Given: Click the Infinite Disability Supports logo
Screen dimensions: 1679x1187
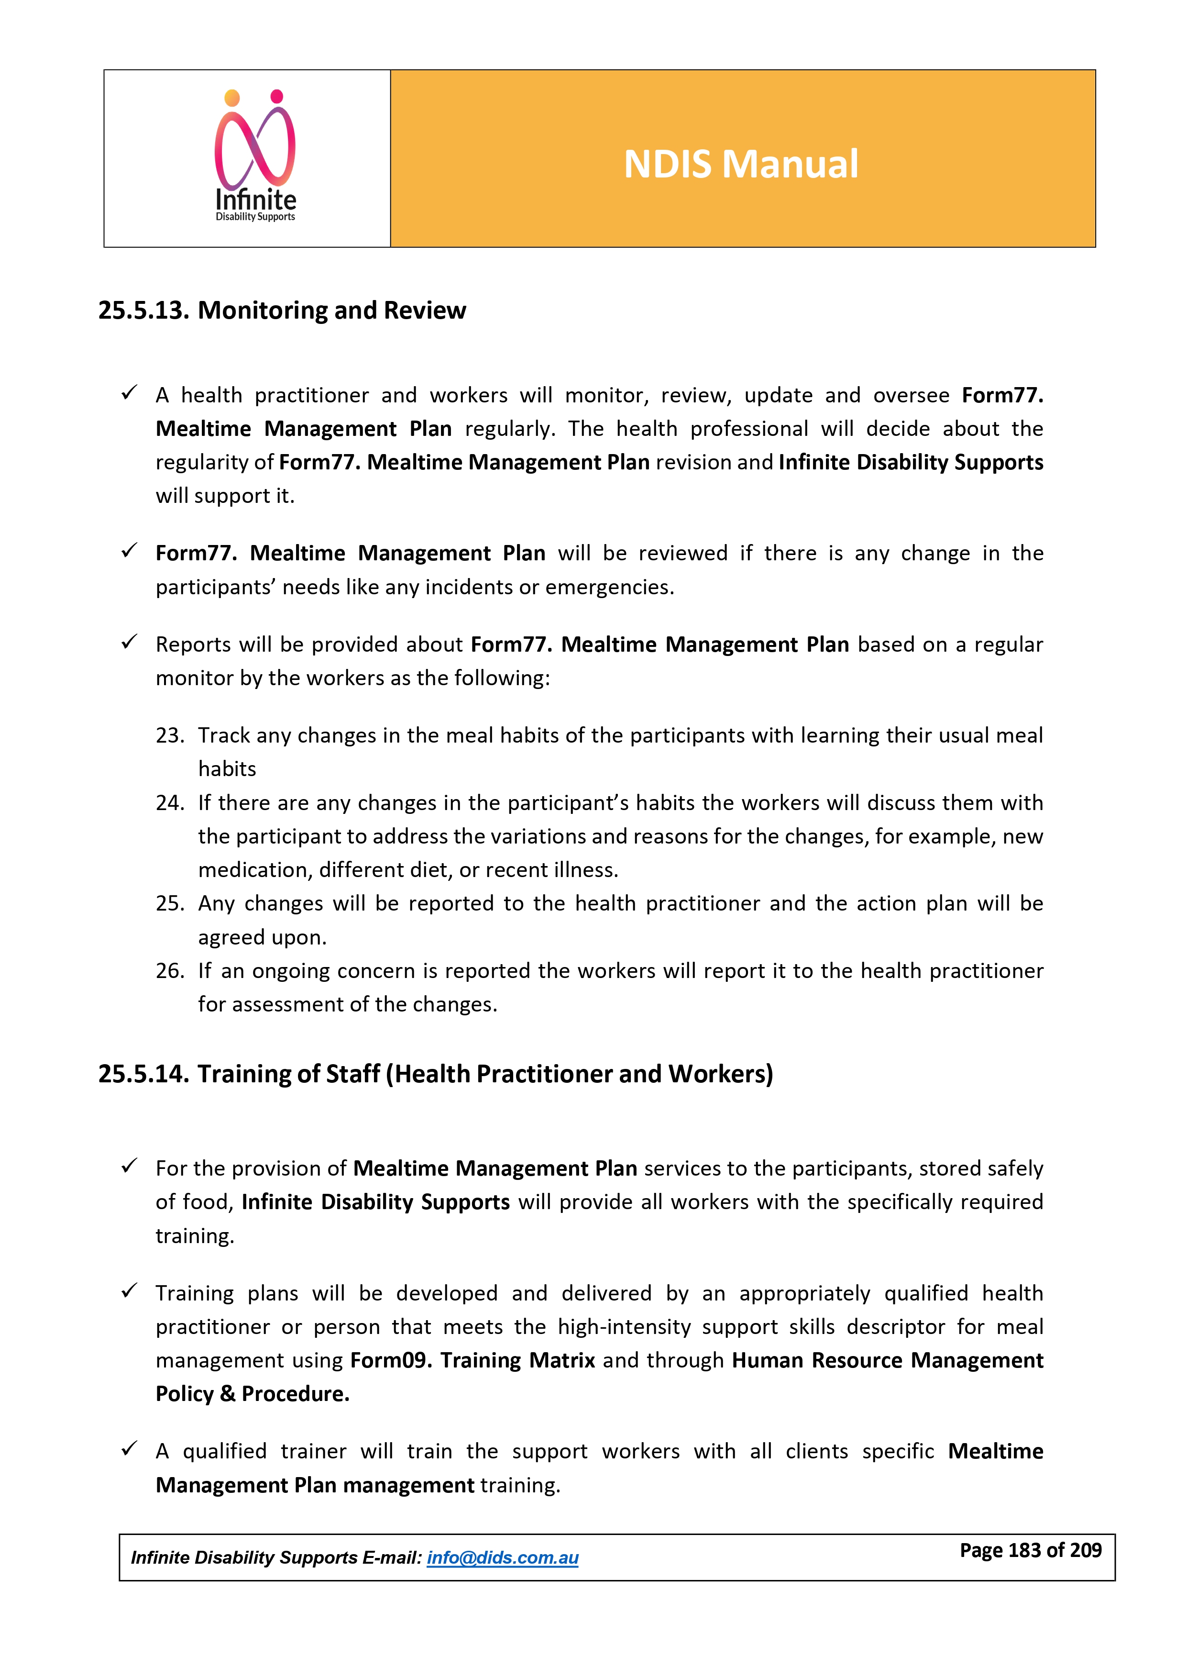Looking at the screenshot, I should coord(255,156).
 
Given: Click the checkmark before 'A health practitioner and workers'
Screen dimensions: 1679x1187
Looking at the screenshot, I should coord(130,393).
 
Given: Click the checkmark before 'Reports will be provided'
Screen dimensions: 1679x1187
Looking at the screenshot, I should coord(130,643).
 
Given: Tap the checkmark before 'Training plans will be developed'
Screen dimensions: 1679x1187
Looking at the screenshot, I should coord(130,1291).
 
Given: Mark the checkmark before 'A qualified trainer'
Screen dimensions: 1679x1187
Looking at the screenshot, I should coord(130,1449).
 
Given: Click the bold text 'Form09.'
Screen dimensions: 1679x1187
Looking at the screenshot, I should coord(391,1360).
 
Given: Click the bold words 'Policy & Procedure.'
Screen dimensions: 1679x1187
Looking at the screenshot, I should coord(252,1394).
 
